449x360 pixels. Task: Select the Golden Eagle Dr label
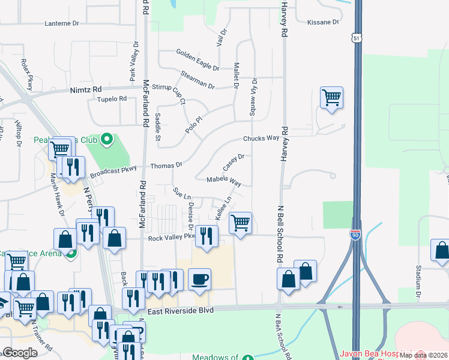point(197,58)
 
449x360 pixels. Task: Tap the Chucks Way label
point(261,138)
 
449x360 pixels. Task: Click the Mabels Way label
point(224,180)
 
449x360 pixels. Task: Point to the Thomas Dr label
point(166,165)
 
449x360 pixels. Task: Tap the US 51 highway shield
point(357,37)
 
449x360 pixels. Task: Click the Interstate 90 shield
point(355,235)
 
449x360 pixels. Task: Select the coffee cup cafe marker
point(199,278)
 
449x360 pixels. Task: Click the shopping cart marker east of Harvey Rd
point(331,97)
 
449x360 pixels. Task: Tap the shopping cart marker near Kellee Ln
point(240,223)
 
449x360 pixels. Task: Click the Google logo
point(20,352)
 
